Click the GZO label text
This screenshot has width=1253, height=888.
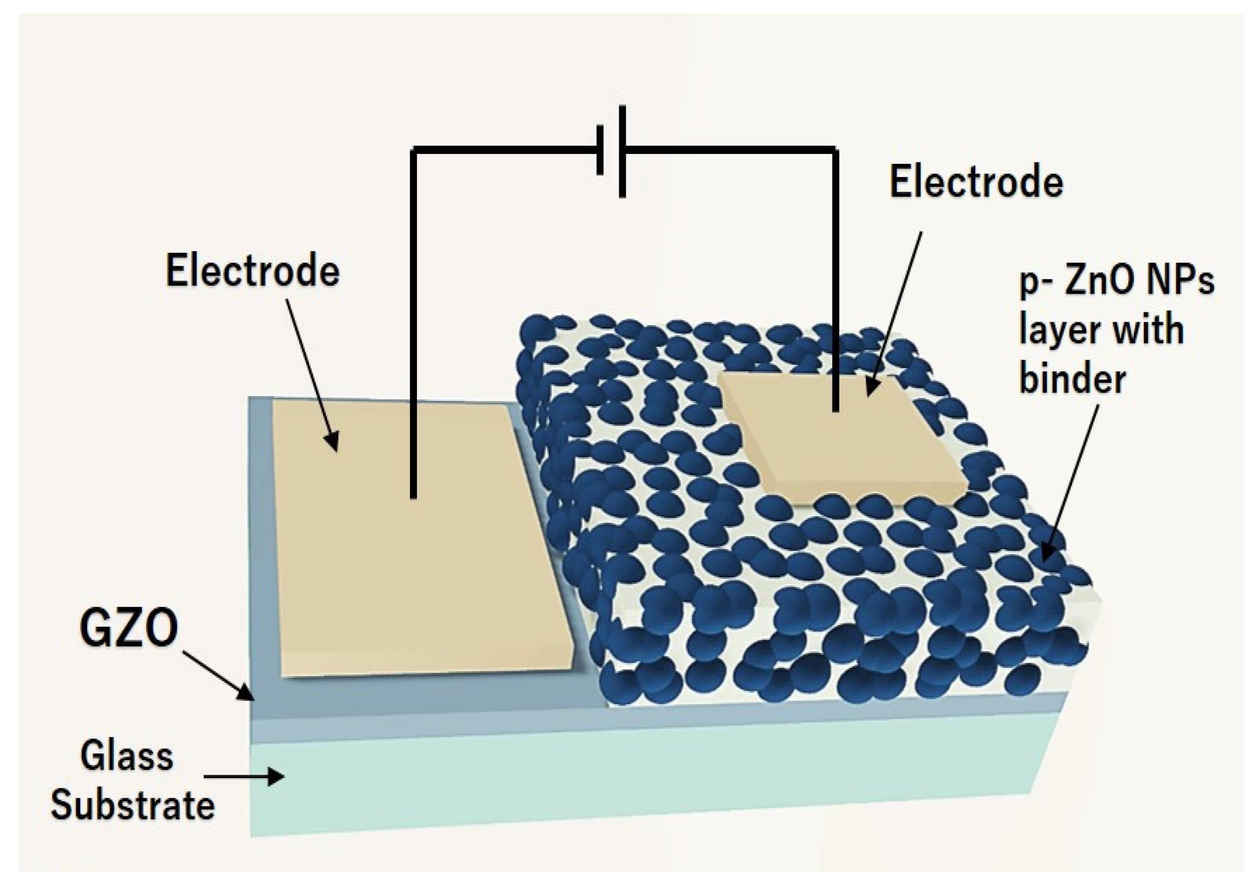click(x=129, y=628)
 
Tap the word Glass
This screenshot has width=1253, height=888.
click(x=127, y=757)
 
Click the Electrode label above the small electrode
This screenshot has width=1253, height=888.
click(x=976, y=182)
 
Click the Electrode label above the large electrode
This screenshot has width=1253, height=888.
click(x=252, y=271)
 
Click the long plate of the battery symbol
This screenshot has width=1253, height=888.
click(x=622, y=152)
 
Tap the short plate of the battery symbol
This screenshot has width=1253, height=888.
click(x=600, y=151)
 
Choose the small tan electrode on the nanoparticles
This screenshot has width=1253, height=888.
click(x=841, y=437)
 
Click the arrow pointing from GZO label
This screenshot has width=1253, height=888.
click(x=219, y=675)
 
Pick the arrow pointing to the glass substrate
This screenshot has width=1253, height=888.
click(x=244, y=777)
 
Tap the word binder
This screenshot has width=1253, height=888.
click(x=1072, y=379)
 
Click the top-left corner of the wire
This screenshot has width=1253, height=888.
click(x=414, y=149)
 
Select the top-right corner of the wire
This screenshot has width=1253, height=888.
click(x=835, y=149)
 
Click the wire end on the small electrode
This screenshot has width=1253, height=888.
click(x=835, y=408)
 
